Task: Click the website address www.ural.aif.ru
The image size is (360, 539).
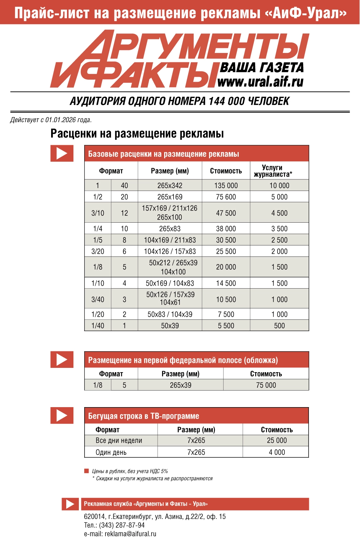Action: coord(260,82)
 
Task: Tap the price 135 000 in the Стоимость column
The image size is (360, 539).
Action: coord(226,186)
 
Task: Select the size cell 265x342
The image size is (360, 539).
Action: coord(170,186)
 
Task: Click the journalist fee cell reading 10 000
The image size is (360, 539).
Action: coord(279,186)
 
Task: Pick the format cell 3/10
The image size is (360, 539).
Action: coord(98,213)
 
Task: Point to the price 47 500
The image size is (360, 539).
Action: coord(226,213)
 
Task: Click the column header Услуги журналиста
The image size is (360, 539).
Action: coord(273,171)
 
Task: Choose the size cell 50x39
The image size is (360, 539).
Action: coord(170,326)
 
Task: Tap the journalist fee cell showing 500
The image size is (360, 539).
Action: coord(279,326)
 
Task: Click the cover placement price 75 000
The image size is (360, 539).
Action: coord(266,385)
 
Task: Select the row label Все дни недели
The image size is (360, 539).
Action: coord(119,441)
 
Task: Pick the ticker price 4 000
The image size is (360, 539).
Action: coord(277,452)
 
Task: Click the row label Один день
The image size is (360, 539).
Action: coord(111,453)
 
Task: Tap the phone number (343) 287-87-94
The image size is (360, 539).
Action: coord(122,525)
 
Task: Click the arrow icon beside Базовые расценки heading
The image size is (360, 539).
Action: coord(62,153)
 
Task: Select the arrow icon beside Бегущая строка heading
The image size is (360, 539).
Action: coord(62,415)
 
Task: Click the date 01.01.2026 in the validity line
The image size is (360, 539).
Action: coord(60,120)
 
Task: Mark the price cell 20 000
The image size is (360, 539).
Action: coord(226,267)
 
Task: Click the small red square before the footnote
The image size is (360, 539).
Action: coord(86,471)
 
